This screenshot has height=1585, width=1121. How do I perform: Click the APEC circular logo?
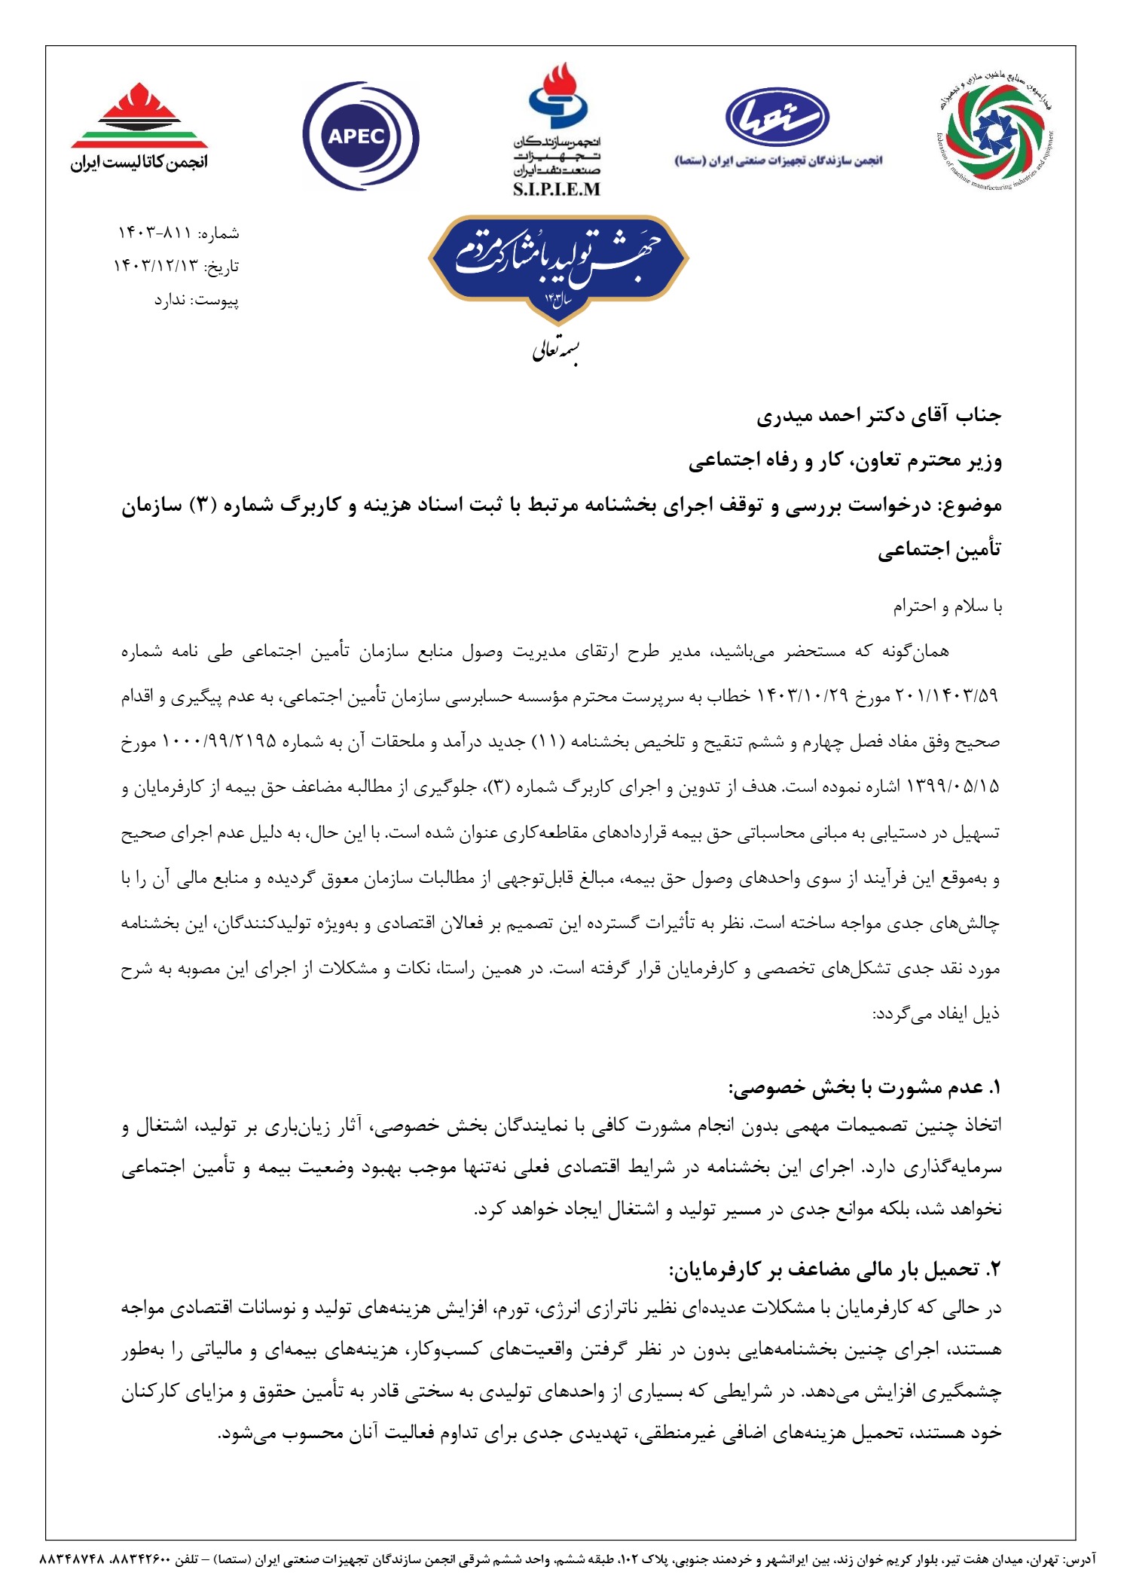point(359,136)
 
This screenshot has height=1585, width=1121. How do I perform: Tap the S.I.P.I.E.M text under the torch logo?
point(556,189)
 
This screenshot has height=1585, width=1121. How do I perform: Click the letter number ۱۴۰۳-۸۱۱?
point(154,234)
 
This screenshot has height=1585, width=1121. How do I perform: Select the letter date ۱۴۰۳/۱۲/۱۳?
point(154,267)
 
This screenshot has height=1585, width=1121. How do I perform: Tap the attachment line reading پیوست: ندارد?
point(197,301)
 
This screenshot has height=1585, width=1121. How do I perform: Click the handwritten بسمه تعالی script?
point(556,352)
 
